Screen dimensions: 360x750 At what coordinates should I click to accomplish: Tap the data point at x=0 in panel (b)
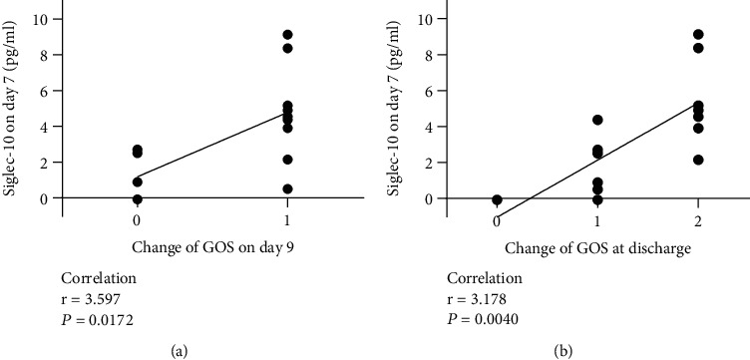point(497,199)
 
